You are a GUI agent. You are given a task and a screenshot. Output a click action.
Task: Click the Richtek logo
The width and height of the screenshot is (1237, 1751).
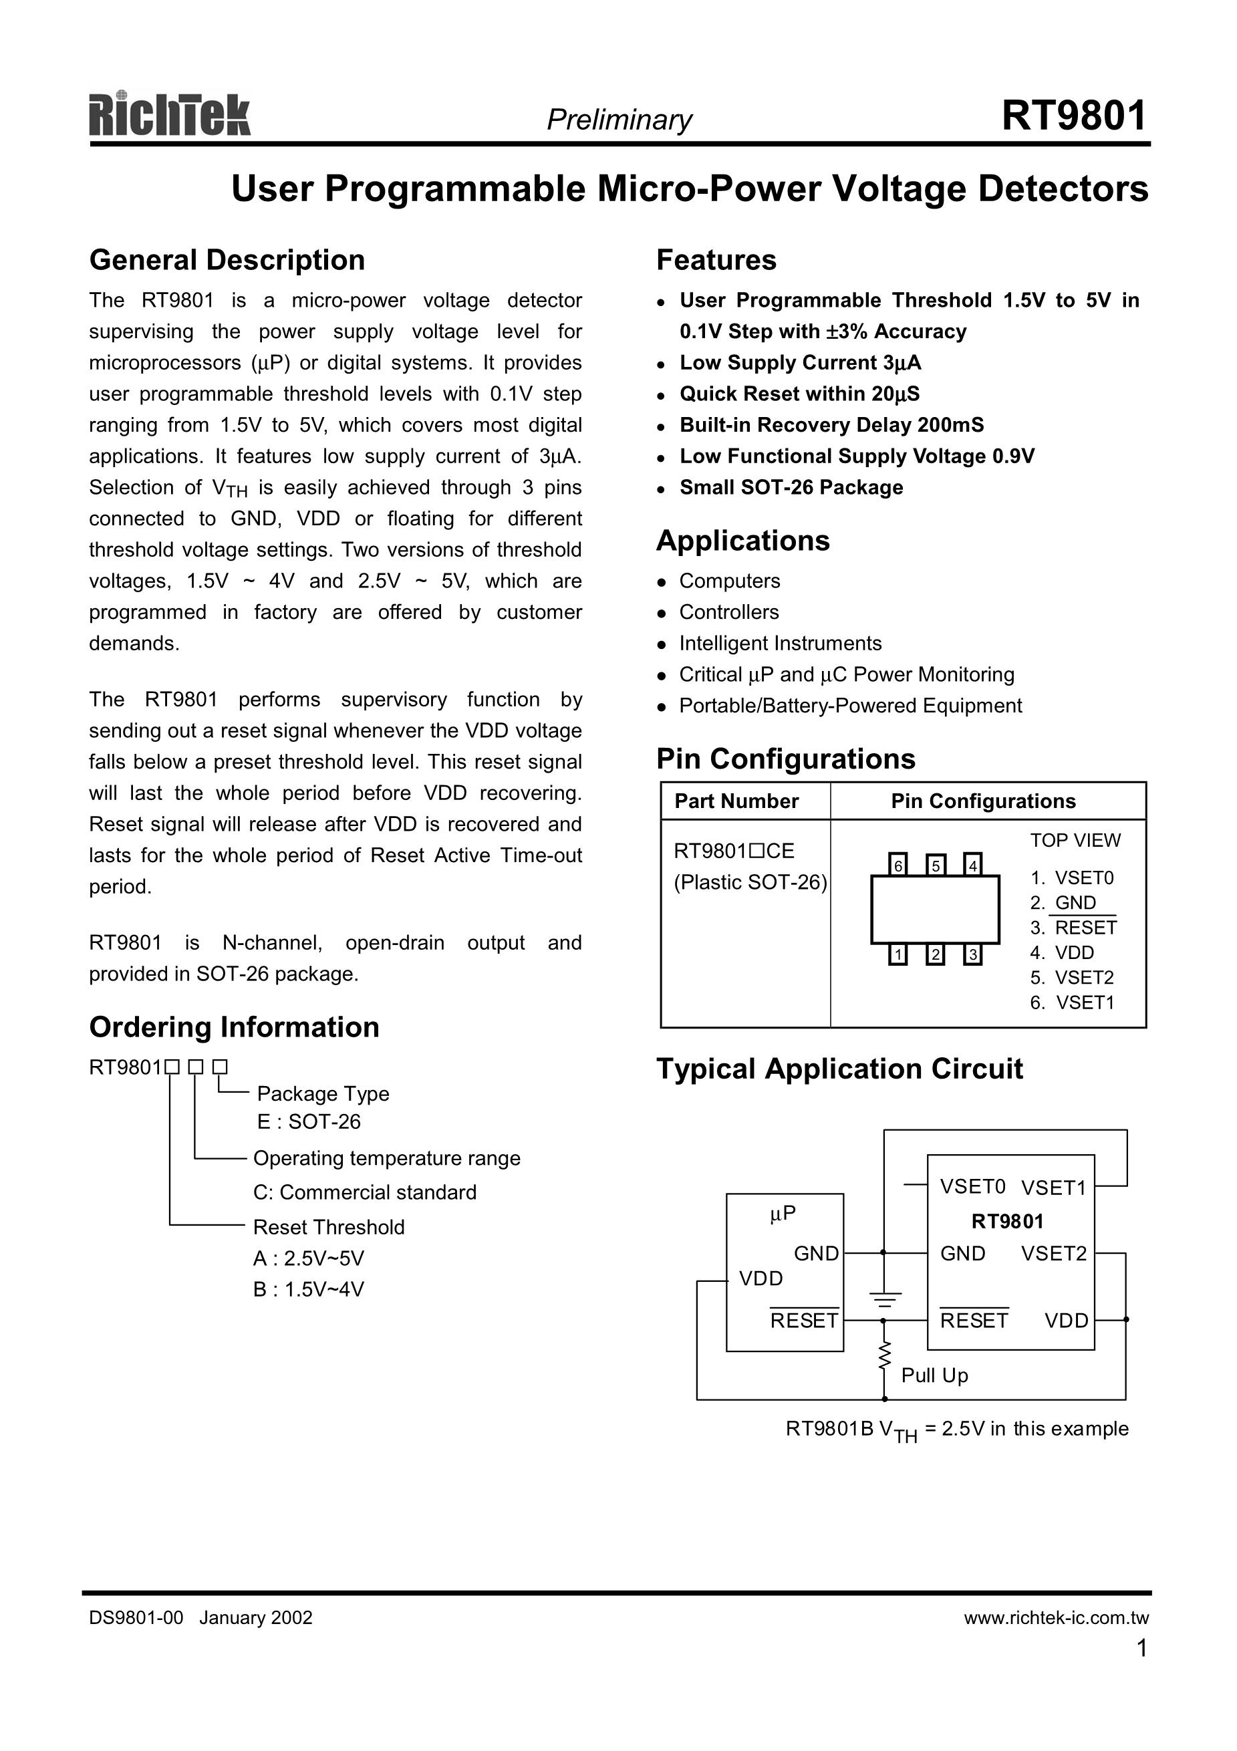(x=169, y=115)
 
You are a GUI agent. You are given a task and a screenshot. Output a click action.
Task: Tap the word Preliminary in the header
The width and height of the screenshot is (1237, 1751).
(x=619, y=120)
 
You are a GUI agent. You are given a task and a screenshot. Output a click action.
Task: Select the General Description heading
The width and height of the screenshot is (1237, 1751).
(x=227, y=260)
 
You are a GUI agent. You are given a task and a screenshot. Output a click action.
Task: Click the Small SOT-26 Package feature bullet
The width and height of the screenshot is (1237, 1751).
(x=791, y=487)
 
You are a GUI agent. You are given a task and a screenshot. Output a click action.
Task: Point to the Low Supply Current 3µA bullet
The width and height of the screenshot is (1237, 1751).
(x=800, y=363)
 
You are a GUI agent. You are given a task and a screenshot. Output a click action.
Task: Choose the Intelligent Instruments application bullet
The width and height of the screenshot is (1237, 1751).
(x=779, y=644)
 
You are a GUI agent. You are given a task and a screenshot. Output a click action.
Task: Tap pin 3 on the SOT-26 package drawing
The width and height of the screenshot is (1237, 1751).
(x=972, y=955)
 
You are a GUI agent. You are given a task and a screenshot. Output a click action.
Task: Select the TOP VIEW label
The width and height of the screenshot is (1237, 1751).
(x=1075, y=841)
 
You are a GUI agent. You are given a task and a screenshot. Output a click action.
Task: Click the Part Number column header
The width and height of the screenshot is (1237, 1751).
(x=736, y=801)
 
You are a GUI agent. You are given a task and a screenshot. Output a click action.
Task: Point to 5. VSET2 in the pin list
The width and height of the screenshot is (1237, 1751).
(x=1071, y=978)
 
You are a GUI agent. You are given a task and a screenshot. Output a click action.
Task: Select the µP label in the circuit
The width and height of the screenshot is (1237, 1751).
(x=783, y=1214)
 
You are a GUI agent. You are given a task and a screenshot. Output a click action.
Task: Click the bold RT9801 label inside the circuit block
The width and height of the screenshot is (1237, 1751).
(x=1006, y=1222)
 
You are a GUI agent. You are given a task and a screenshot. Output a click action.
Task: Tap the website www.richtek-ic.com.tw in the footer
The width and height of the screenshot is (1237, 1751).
(x=1055, y=1617)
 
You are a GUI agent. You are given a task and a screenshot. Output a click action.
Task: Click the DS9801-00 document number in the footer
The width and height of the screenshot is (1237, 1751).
(x=136, y=1617)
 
